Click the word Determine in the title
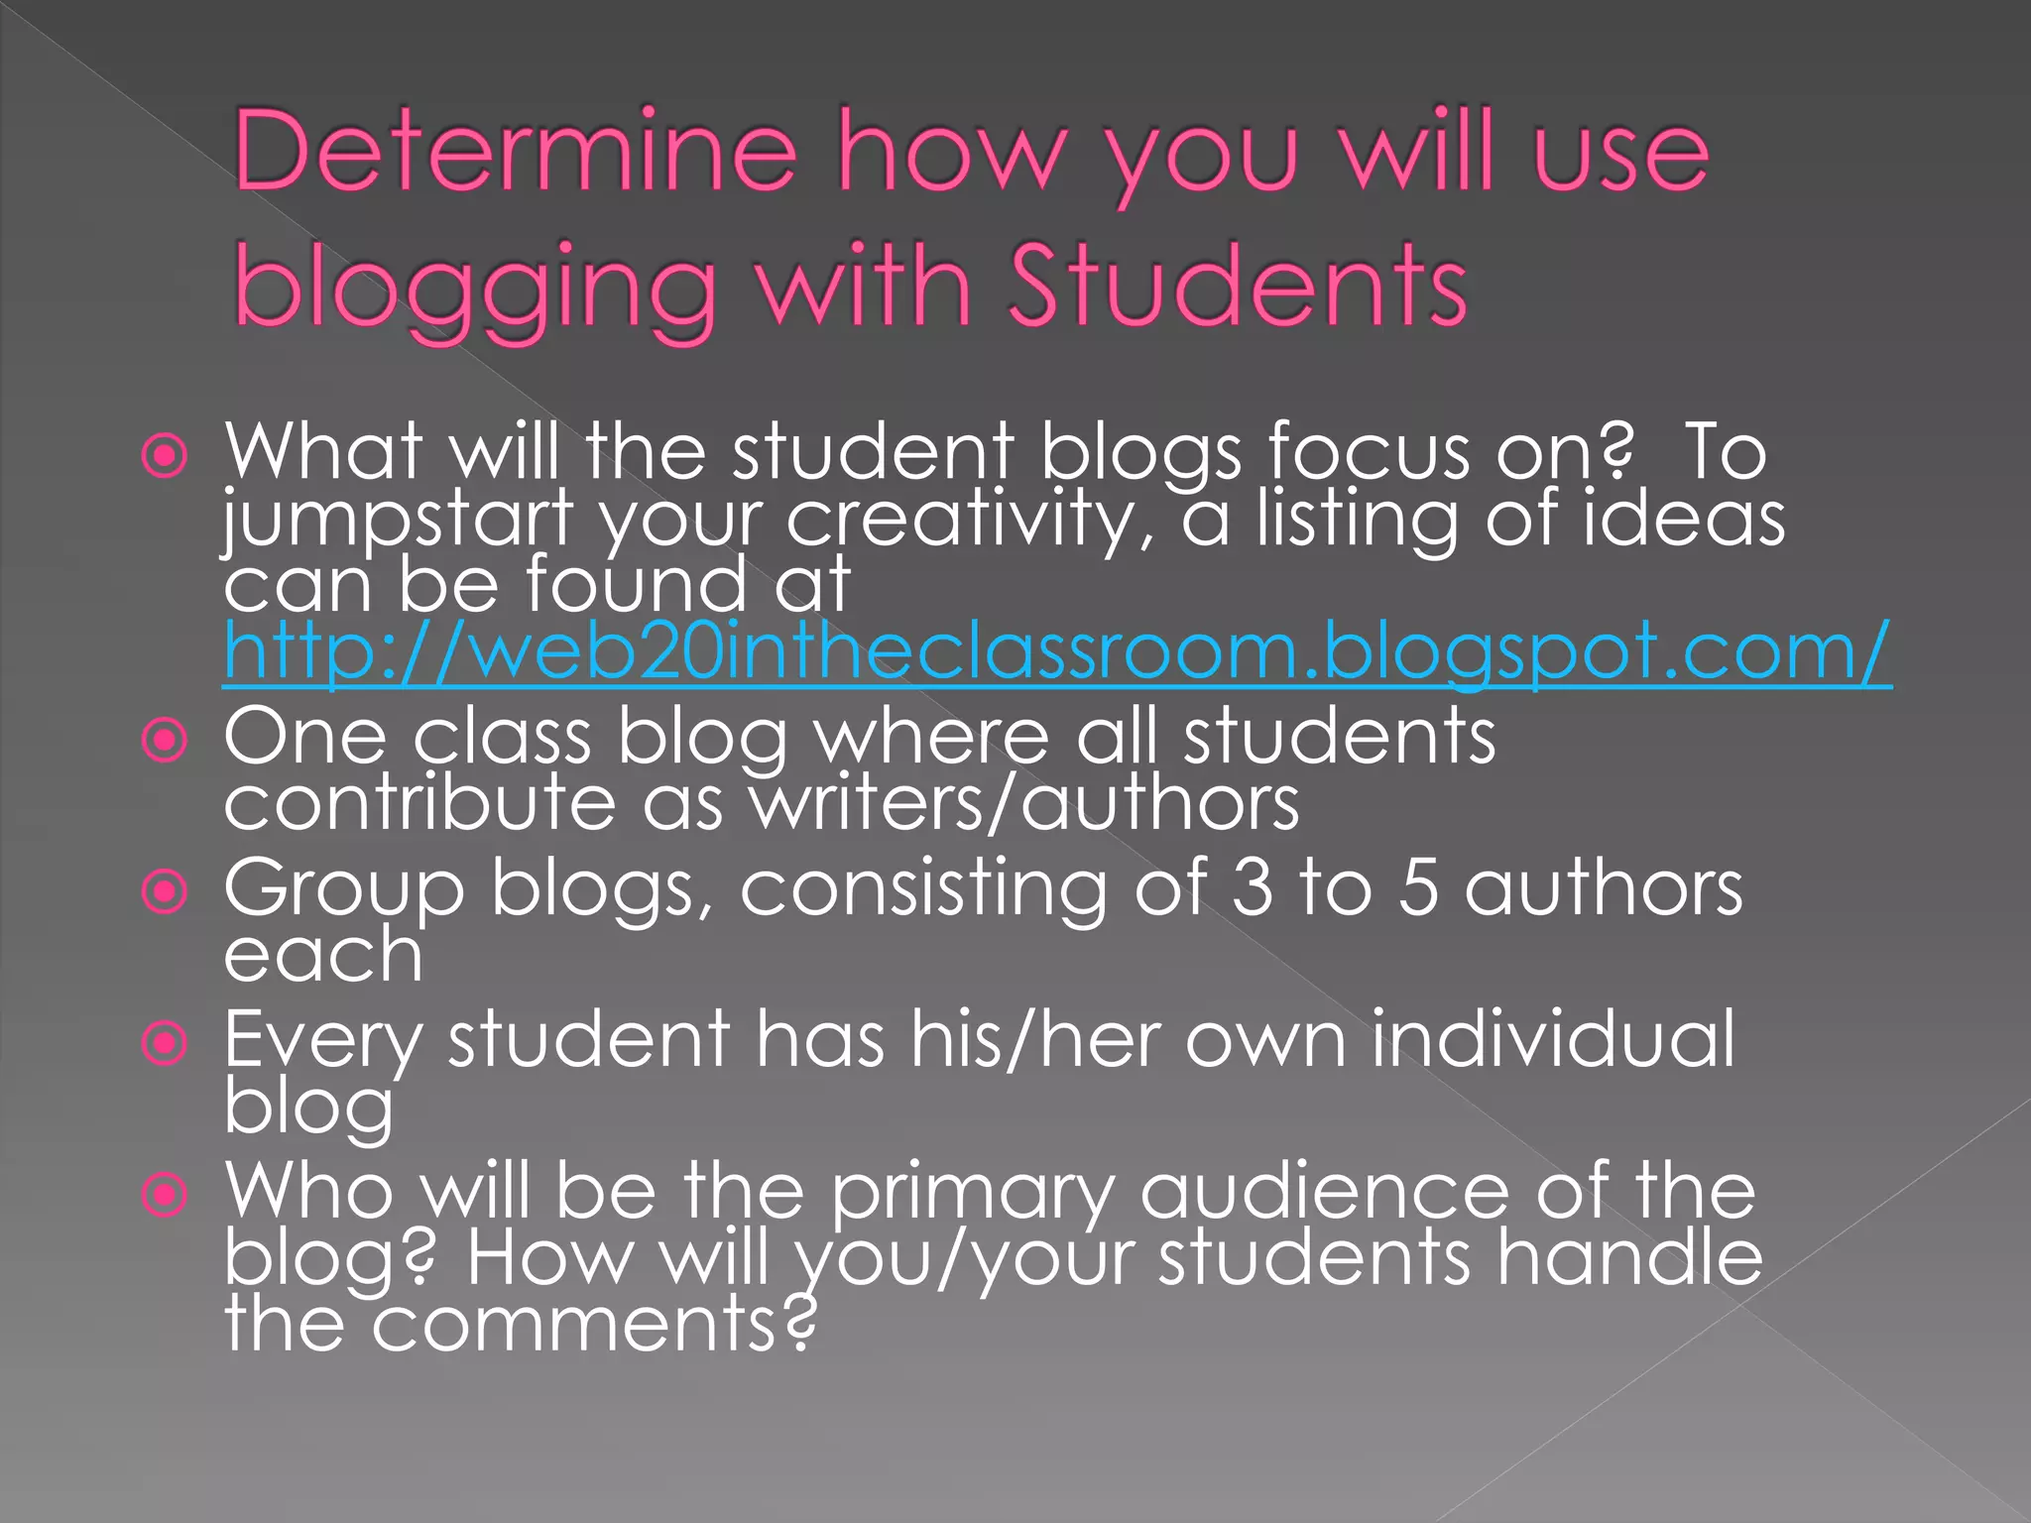tap(516, 152)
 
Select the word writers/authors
tap(1023, 802)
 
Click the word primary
tap(972, 1193)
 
